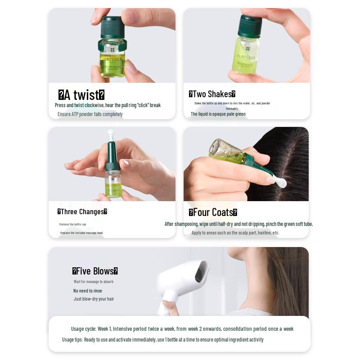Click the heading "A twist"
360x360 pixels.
pos(81,95)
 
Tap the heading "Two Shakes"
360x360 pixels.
pos(212,94)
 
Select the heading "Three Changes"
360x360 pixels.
pos(82,212)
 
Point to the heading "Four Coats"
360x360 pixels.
pos(213,212)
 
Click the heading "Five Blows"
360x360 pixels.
pos(95,271)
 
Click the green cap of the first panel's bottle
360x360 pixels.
pos(112,28)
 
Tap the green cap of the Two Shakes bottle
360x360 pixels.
pos(249,26)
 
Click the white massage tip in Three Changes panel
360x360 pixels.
pos(110,134)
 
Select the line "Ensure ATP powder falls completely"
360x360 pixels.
pos(90,114)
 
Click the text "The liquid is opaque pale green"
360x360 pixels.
pos(218,114)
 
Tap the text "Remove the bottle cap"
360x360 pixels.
pos(72,224)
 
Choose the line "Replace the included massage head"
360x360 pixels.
pos(81,233)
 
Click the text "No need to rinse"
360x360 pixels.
pos(88,291)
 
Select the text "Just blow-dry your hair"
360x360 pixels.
pos(94,299)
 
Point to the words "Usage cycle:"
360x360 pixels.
pos(83,329)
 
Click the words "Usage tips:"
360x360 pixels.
pos(72,340)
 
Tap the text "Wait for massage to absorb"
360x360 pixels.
pos(94,282)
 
